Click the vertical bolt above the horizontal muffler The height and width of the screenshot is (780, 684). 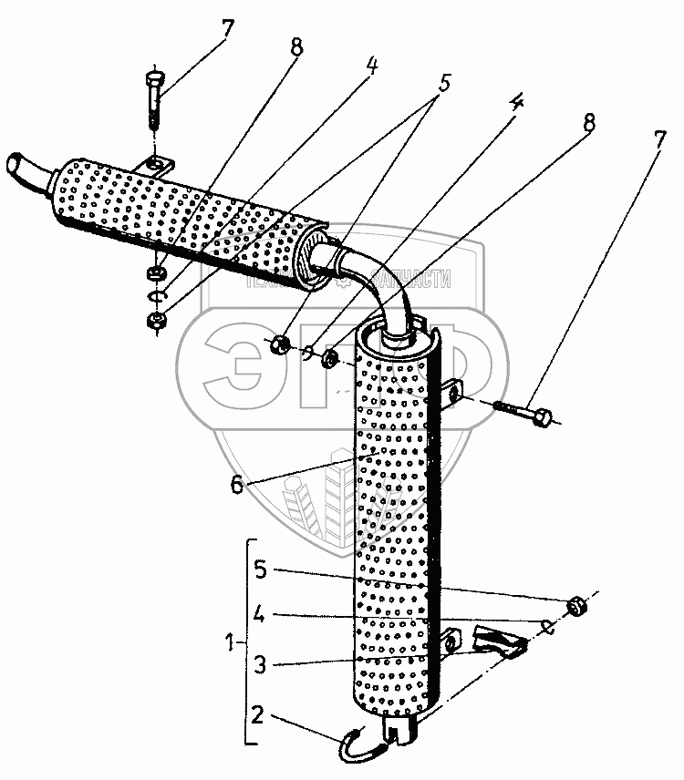[154, 100]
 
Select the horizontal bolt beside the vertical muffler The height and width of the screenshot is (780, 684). [524, 411]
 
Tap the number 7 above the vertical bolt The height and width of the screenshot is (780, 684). [225, 27]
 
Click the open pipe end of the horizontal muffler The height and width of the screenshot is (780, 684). [17, 167]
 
